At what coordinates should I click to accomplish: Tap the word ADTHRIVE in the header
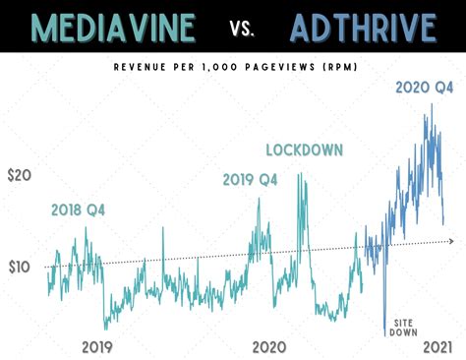(x=363, y=28)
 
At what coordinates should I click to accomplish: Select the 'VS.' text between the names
(x=242, y=29)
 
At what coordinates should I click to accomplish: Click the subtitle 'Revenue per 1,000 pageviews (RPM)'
(x=233, y=68)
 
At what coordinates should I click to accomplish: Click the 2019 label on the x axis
(x=96, y=346)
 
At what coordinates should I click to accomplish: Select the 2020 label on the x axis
(x=268, y=346)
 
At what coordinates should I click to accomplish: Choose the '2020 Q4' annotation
(x=424, y=87)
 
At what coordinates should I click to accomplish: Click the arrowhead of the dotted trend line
(x=453, y=240)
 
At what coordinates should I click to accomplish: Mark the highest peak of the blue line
(x=431, y=104)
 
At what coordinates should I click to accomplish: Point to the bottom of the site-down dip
(x=384, y=335)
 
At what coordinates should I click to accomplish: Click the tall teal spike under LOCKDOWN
(x=299, y=175)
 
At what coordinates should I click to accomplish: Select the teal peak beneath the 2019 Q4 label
(x=260, y=200)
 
